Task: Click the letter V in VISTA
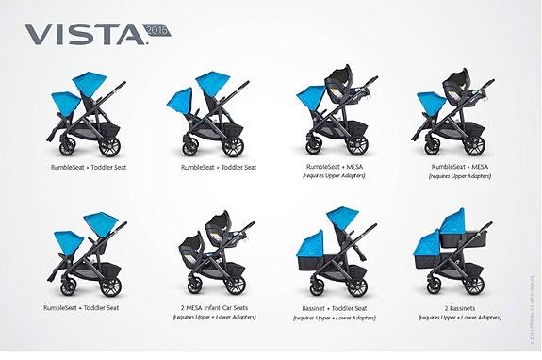[x=36, y=35]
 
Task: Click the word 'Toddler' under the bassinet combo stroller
[x=353, y=306]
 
